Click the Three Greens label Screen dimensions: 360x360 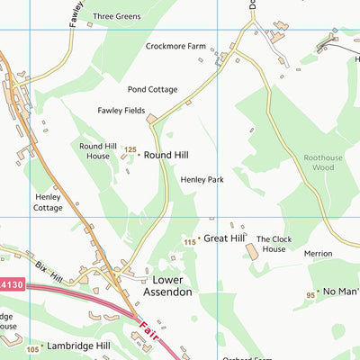pyautogui.click(x=116, y=16)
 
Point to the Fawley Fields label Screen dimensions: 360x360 pyautogui.click(x=121, y=111)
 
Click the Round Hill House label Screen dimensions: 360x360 pyautogui.click(x=100, y=150)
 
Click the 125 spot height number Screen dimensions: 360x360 pyautogui.click(x=130, y=150)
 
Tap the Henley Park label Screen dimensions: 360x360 pyautogui.click(x=202, y=180)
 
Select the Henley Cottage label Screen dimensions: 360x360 pyautogui.click(x=49, y=202)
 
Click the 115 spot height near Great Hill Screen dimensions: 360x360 pyautogui.click(x=189, y=242)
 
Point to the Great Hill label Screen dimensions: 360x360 pyautogui.click(x=224, y=238)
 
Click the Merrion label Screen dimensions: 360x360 pyautogui.click(x=318, y=254)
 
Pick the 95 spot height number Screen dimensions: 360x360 pyautogui.click(x=310, y=294)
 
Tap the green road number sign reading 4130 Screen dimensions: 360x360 pyautogui.click(x=11, y=284)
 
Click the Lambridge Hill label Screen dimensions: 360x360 pyautogui.click(x=77, y=346)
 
